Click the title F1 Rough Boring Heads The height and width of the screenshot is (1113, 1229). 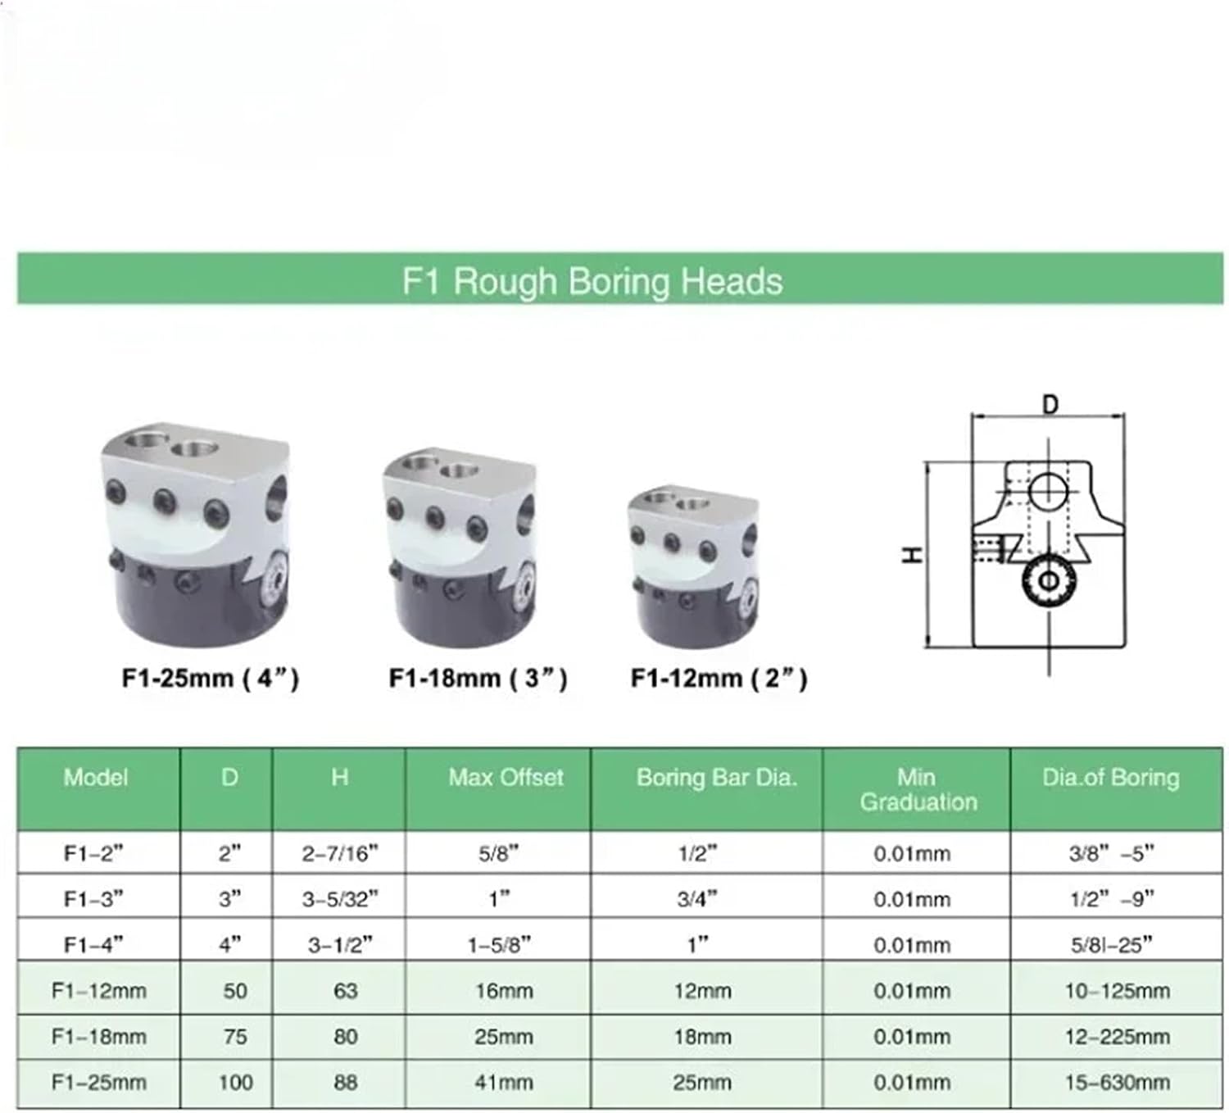click(x=592, y=282)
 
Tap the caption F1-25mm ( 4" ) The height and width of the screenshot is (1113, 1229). click(x=210, y=679)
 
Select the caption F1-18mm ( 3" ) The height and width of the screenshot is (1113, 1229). click(x=478, y=679)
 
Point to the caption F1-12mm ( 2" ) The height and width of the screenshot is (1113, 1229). click(x=719, y=679)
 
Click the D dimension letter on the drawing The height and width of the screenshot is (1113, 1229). click(x=1050, y=405)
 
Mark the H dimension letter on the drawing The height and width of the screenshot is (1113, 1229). click(x=913, y=556)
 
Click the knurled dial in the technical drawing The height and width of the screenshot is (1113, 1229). click(x=1050, y=580)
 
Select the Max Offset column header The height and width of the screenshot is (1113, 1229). click(x=506, y=778)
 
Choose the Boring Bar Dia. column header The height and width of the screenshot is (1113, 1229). click(x=717, y=778)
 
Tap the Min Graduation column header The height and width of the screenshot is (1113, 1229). click(x=918, y=789)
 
